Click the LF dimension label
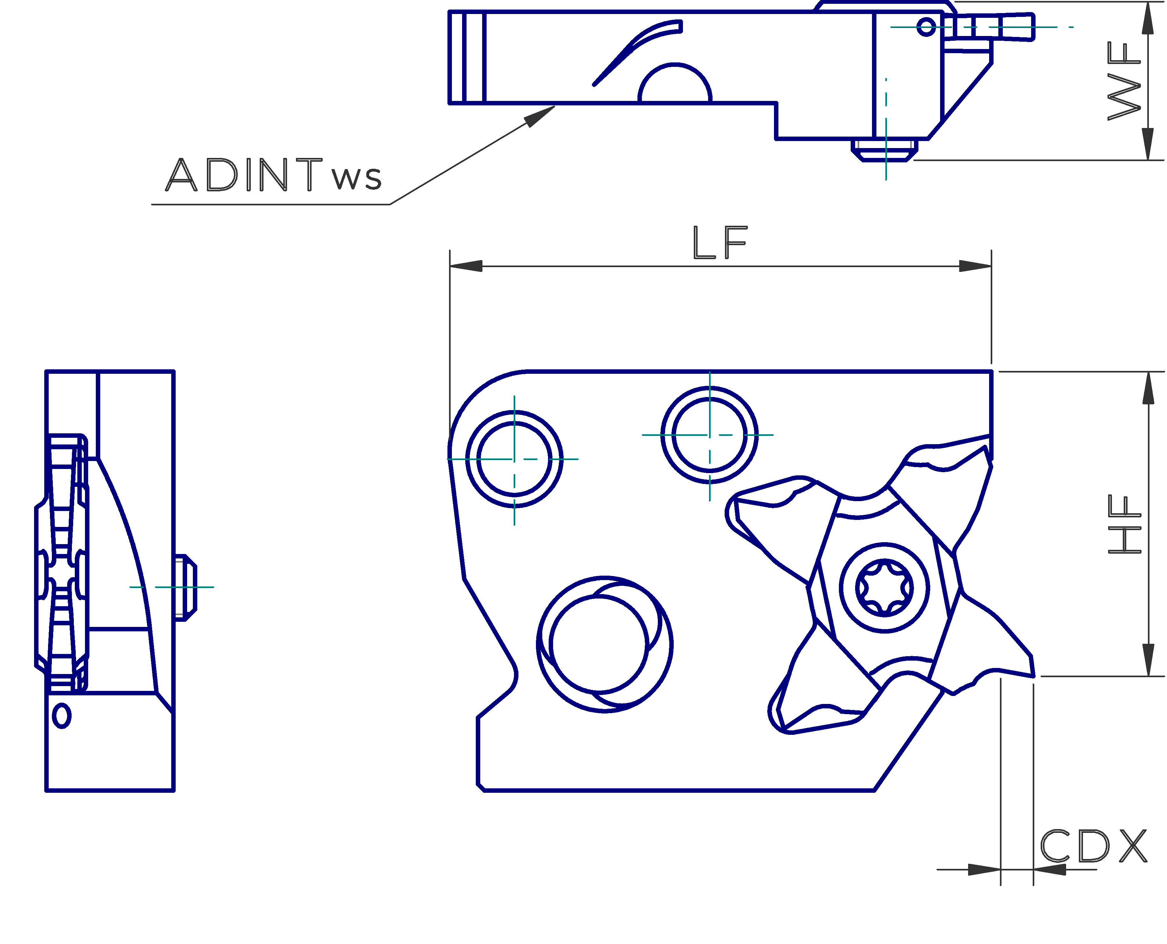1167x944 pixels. pyautogui.click(x=720, y=243)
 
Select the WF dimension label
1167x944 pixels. pyautogui.click(x=1124, y=82)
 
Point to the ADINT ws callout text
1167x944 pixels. pyautogui.click(x=273, y=174)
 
